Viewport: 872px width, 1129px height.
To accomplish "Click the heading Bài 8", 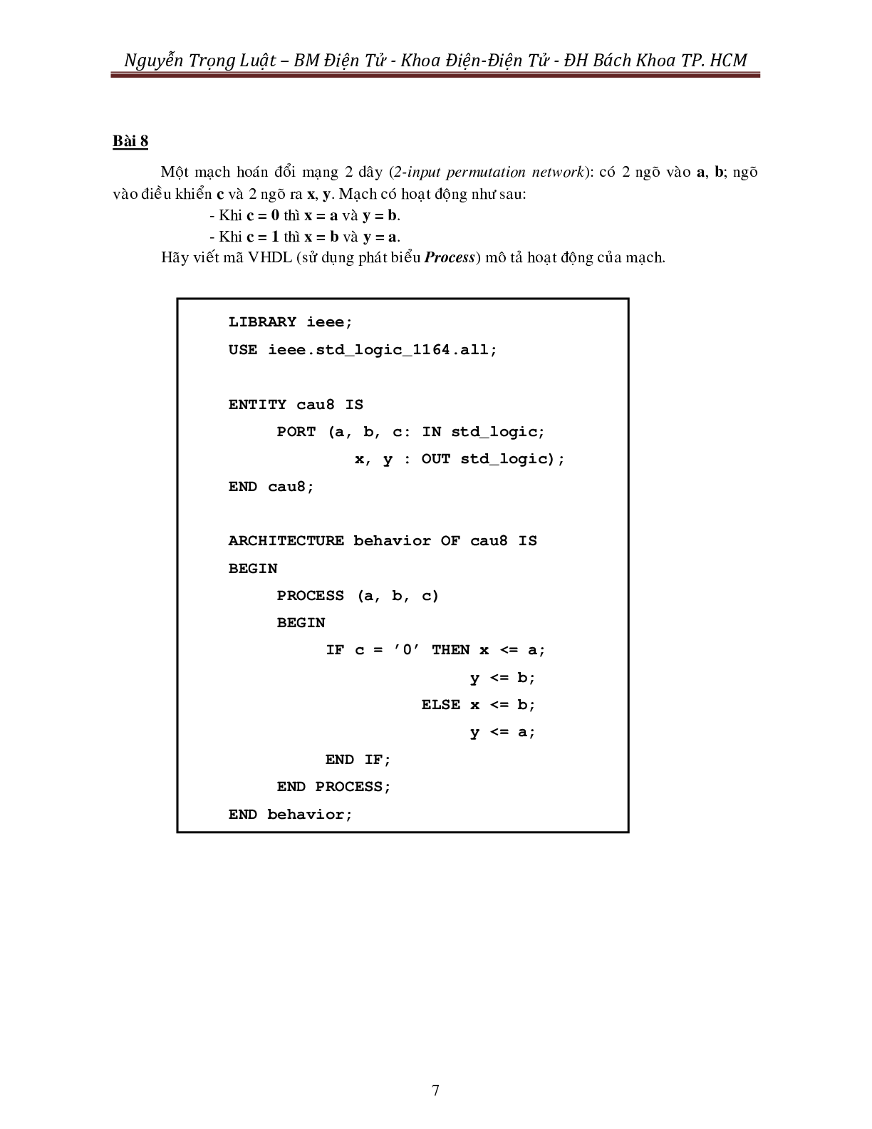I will [130, 141].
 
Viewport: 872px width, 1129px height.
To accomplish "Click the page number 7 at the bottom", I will [435, 1090].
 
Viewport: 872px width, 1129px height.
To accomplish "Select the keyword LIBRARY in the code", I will [262, 322].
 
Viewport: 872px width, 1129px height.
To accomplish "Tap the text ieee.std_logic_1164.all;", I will [383, 350].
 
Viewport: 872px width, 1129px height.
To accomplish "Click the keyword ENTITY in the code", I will [257, 405].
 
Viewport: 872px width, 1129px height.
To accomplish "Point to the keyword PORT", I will [296, 432].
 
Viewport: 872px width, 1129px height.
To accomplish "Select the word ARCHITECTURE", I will [286, 541].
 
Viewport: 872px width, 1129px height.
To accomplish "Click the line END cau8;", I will [271, 487].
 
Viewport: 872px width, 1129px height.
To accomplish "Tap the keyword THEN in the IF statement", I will [450, 650].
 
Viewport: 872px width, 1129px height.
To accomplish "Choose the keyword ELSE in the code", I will [440, 705].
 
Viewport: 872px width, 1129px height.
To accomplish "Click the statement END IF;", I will [358, 760].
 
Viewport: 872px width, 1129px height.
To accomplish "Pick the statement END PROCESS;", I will [334, 787].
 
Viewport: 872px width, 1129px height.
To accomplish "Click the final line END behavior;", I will [291, 815].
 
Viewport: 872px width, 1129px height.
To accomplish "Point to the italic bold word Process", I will [449, 258].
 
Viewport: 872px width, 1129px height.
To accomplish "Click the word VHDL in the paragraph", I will [270, 258].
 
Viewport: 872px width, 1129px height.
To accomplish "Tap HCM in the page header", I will [729, 61].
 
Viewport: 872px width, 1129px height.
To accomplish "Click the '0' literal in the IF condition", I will [407, 650].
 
